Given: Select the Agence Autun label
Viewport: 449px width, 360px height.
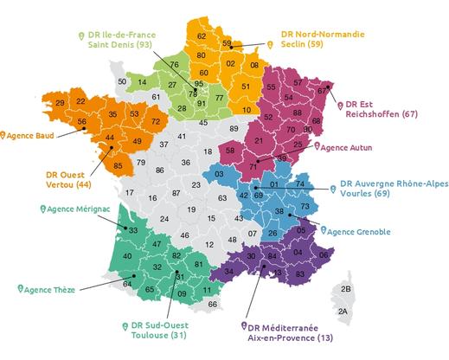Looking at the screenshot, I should click(350, 148).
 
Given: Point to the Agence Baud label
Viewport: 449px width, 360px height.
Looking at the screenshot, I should click(31, 135).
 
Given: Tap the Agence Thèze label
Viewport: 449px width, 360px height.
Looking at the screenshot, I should click(52, 288).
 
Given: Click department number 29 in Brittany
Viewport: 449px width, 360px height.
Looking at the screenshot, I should click(60, 104).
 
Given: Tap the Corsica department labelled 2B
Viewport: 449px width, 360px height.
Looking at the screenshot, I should click(346, 288).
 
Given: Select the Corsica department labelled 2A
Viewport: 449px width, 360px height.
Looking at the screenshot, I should click(343, 311).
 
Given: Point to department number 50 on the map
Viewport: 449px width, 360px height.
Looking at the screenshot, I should click(122, 80).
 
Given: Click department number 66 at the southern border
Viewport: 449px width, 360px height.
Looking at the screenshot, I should click(213, 304).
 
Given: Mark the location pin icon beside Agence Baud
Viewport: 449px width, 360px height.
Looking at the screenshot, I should click(4, 135).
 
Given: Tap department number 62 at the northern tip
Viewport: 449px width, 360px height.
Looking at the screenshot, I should click(202, 35).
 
